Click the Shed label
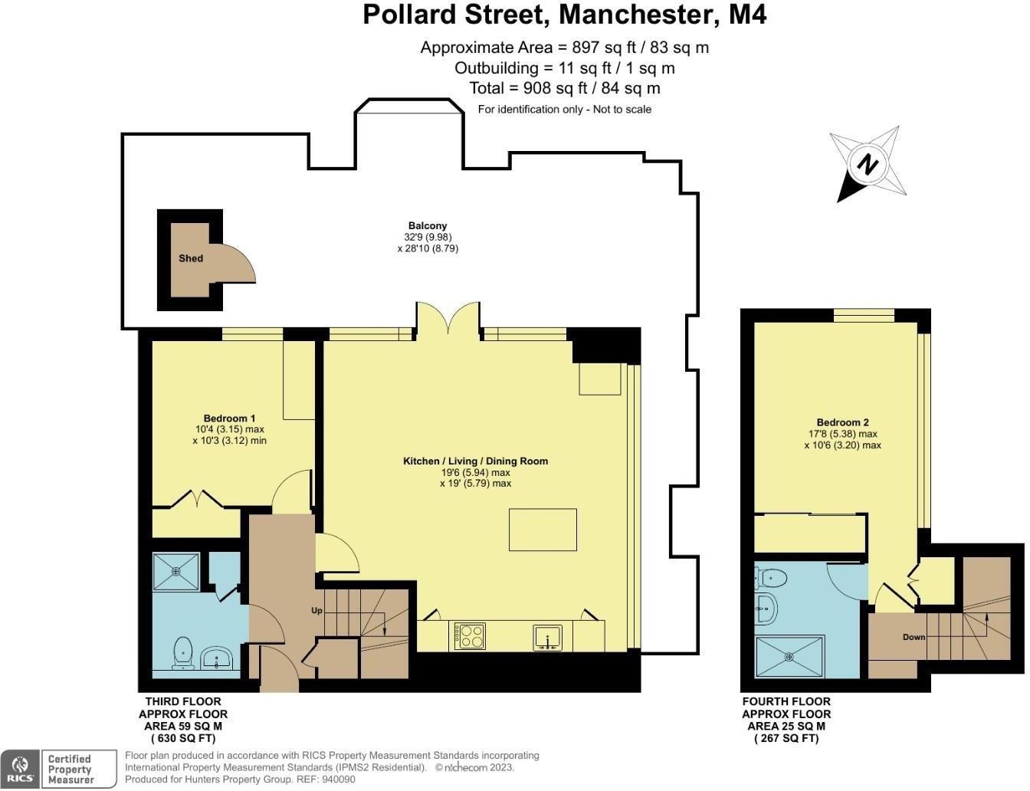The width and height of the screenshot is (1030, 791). coord(191,258)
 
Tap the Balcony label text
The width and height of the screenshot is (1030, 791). coord(428,225)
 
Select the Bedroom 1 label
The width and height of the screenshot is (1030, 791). coord(229,418)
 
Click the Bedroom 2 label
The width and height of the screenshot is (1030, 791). coord(842,422)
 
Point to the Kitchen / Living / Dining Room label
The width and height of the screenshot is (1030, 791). coord(475,461)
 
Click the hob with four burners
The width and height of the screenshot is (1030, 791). coord(470,636)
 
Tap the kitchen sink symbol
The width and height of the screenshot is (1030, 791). coord(548,637)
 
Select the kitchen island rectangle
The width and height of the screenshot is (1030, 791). coord(543,530)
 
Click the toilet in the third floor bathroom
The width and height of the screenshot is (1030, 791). coord(183,653)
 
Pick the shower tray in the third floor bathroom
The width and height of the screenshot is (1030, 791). coord(175,572)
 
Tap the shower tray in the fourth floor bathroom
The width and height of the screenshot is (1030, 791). coord(789,656)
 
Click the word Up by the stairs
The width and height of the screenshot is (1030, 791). coord(317,611)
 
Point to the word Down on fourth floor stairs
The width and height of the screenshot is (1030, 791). coord(914,637)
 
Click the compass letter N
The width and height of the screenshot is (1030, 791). coord(867,166)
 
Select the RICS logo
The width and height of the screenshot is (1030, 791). coord(21,769)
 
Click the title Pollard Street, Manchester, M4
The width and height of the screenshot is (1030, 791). coord(564,15)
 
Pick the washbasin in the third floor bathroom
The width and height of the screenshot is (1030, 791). coord(217,658)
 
